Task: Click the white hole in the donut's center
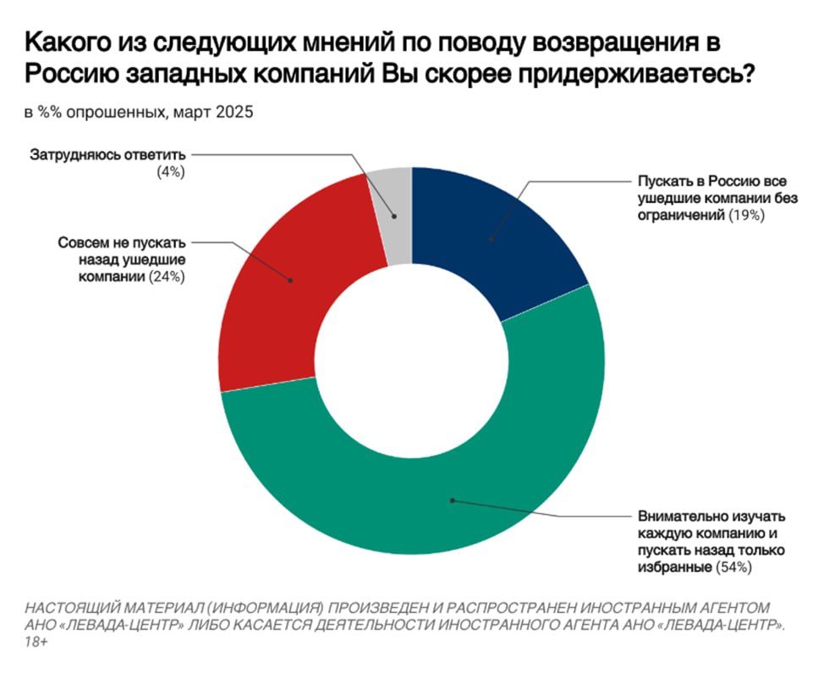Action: (412, 362)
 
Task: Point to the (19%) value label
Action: (746, 216)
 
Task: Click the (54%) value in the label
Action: (733, 566)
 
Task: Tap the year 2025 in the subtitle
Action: (233, 112)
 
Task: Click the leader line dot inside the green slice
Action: (453, 500)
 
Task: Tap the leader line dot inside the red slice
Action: (291, 279)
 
